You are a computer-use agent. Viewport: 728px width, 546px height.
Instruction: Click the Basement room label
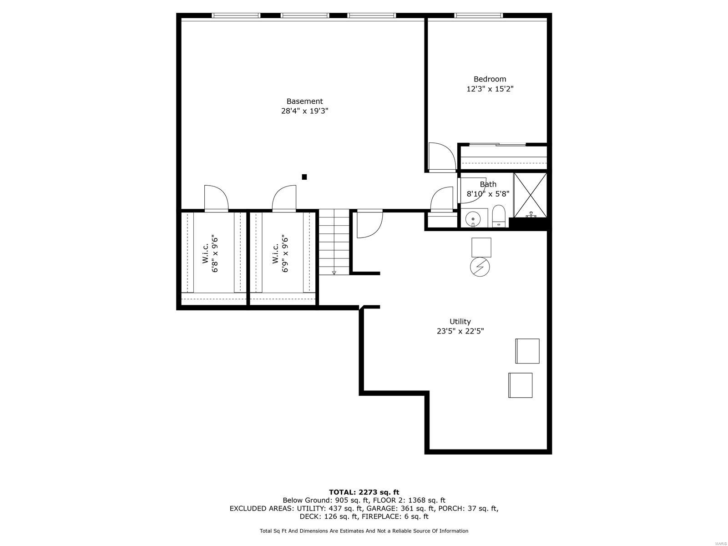304,101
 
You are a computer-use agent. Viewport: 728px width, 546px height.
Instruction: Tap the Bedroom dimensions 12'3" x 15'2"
490,89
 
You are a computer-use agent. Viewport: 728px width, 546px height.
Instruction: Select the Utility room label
460,321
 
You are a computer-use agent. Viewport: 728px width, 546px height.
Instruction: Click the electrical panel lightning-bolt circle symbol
480,267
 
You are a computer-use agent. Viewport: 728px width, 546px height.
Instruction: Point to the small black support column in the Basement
304,177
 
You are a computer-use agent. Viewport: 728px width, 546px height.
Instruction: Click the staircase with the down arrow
334,242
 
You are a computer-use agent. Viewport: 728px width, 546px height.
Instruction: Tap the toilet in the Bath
499,216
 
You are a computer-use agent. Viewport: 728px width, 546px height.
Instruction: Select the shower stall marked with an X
531,195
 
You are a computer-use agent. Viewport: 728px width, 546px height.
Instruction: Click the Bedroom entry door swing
441,156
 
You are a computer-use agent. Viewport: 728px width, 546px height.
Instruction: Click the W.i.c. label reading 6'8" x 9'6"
211,254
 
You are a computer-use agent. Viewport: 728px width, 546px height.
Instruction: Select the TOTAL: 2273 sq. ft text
364,492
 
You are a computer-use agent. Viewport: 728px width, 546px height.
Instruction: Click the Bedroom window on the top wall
478,15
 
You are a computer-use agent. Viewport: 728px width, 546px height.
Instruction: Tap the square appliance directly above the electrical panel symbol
481,247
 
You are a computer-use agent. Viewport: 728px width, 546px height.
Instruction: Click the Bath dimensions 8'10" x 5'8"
488,193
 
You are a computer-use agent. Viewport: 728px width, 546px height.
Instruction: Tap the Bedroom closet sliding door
497,145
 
